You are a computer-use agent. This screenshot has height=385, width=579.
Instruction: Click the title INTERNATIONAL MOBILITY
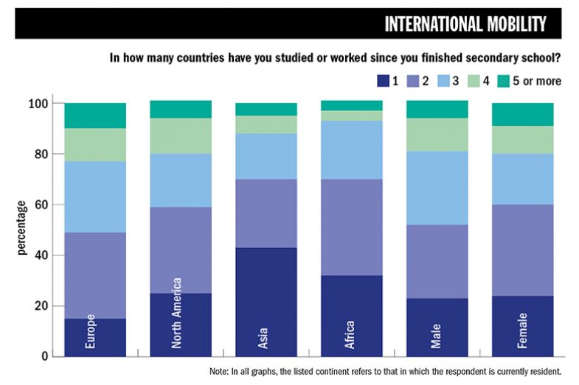465,24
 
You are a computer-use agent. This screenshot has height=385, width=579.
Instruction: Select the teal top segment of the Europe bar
95,116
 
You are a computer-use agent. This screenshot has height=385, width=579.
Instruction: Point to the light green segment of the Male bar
437,135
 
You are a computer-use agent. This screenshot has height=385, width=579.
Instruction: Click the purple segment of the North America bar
181,250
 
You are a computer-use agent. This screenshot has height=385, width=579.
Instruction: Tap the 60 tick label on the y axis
41,205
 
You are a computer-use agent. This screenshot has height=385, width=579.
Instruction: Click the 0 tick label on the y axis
44,356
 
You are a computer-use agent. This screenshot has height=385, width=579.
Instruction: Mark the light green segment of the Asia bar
266,124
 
